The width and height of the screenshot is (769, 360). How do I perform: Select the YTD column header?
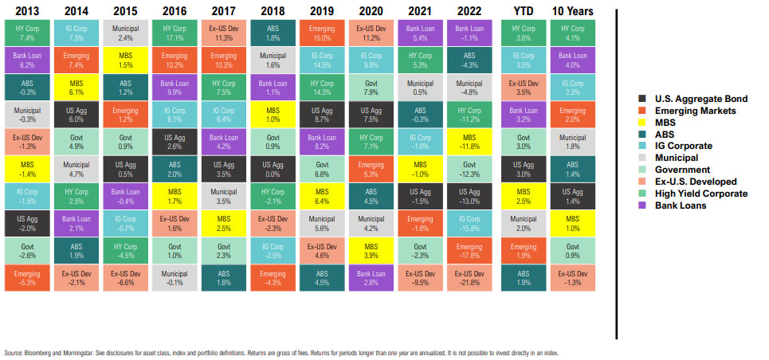pyautogui.click(x=523, y=11)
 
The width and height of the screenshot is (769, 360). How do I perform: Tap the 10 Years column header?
pyautogui.click(x=572, y=11)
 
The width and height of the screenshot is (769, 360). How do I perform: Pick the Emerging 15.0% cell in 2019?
pyautogui.click(x=321, y=33)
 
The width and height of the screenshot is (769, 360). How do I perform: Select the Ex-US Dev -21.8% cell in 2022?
pyautogui.click(x=469, y=279)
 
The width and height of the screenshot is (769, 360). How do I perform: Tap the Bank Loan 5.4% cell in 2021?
pyautogui.click(x=420, y=33)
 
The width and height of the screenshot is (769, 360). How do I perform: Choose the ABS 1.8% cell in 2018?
pyautogui.click(x=272, y=33)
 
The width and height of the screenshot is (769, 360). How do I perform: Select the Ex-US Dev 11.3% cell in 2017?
pyautogui.click(x=222, y=33)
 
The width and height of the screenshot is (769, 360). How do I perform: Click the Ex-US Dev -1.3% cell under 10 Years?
pyautogui.click(x=572, y=279)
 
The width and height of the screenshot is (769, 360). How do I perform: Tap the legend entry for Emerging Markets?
pyautogui.click(x=689, y=110)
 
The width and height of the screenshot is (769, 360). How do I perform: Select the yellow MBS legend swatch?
pyautogui.click(x=643, y=122)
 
